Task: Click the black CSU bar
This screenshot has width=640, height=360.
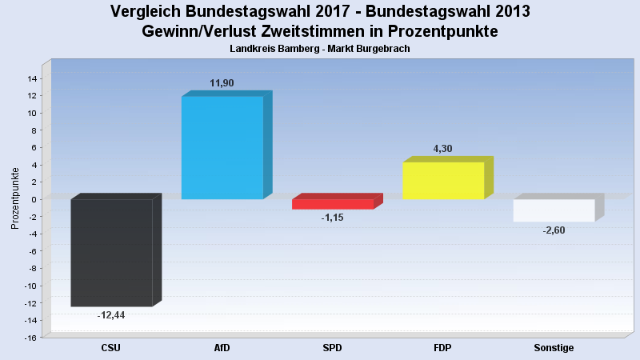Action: point(111,252)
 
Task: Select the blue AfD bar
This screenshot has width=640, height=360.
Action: point(222,147)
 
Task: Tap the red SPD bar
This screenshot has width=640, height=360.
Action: point(332,204)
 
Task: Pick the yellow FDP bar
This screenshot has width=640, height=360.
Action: point(442,181)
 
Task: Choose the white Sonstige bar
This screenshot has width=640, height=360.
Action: point(554,210)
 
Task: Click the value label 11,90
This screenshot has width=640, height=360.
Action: point(222,83)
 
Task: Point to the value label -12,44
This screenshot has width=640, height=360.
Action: point(111,315)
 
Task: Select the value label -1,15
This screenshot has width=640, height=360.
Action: point(332,218)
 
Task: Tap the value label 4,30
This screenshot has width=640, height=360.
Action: point(442,149)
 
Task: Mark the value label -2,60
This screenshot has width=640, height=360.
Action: point(554,230)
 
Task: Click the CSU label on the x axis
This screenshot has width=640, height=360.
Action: point(111,348)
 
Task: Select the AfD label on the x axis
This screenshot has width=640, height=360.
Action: point(222,348)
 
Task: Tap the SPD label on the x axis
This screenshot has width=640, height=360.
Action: point(332,348)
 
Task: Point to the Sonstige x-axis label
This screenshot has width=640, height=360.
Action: point(554,348)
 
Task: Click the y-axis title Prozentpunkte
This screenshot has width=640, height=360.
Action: point(15,198)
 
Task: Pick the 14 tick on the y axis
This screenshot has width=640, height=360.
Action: point(33,78)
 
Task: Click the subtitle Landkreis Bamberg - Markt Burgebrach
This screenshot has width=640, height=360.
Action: point(320,49)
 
